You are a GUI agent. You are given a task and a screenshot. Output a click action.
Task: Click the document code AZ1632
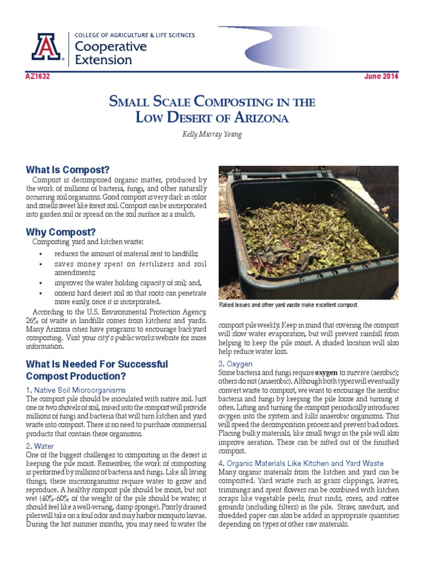point(38,76)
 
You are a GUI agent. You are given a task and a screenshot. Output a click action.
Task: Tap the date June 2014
point(381,76)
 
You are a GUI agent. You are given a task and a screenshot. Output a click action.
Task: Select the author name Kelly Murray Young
point(212,134)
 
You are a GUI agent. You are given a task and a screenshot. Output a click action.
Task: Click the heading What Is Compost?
point(68,169)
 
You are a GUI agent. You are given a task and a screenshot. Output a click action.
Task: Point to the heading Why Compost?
point(61,231)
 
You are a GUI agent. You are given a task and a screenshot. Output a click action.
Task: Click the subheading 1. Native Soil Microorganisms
point(76,391)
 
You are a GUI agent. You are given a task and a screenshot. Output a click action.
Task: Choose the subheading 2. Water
point(40,446)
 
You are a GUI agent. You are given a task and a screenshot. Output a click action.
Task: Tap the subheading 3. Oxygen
point(236,364)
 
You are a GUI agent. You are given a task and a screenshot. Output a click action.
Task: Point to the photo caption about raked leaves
point(289,305)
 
